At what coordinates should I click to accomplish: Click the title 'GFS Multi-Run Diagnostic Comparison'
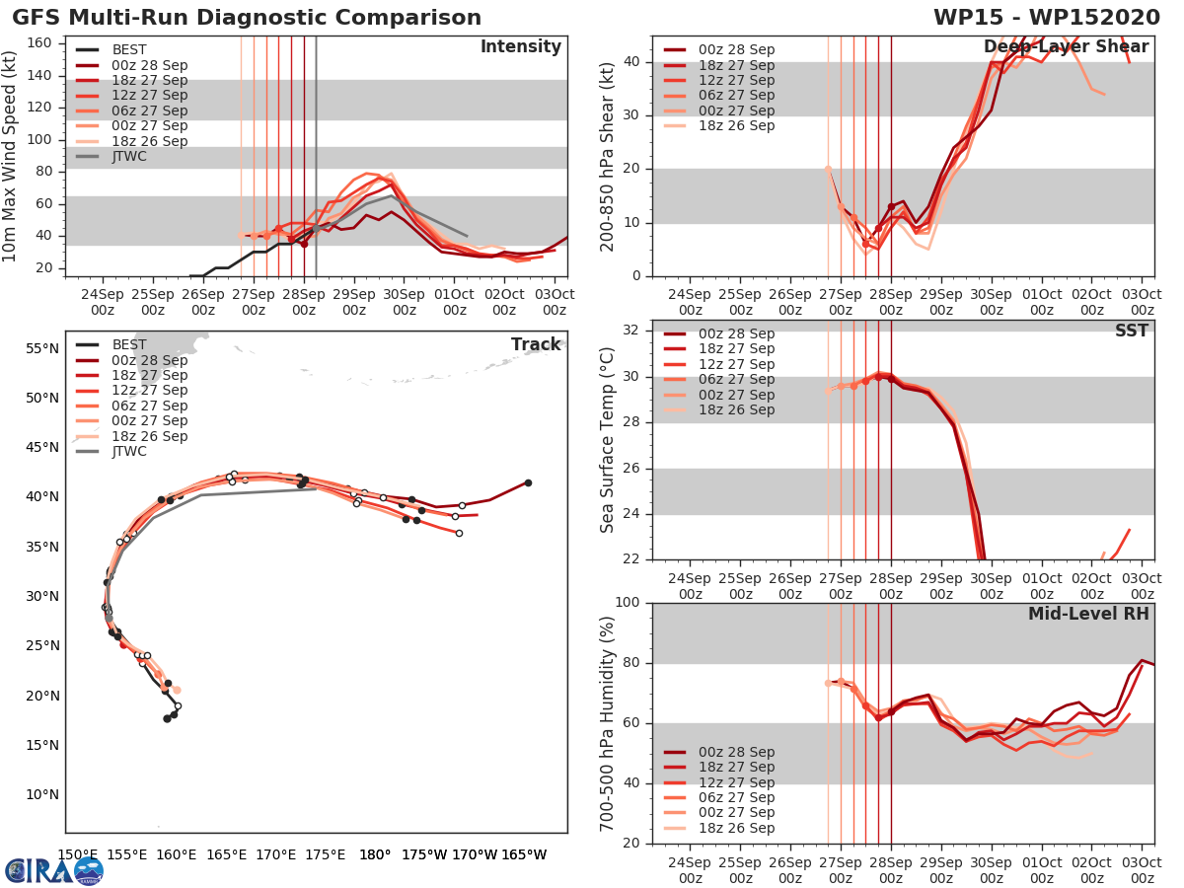click(247, 18)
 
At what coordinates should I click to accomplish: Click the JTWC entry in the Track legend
click(129, 451)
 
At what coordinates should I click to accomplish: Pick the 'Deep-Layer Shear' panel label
click(1066, 47)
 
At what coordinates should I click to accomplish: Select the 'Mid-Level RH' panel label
click(1088, 614)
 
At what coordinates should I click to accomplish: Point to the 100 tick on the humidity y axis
click(628, 603)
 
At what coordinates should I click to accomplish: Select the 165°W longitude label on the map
click(524, 854)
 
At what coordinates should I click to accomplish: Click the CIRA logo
click(53, 870)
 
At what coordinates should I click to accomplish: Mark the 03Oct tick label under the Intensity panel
click(555, 301)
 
